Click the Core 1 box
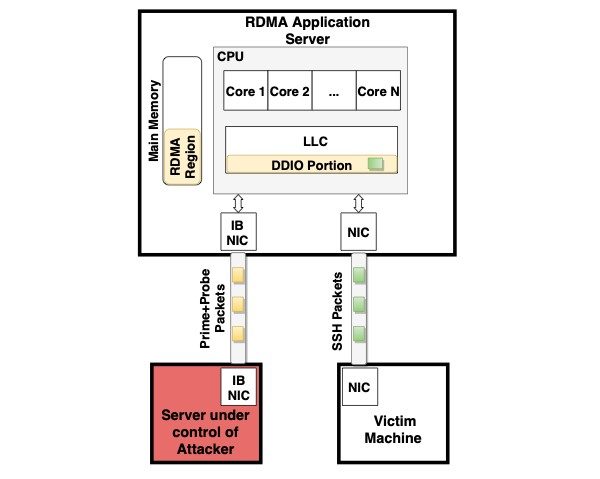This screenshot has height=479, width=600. click(x=246, y=91)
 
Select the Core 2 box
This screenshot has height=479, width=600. click(x=290, y=91)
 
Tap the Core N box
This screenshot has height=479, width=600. click(x=378, y=91)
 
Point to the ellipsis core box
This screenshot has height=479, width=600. click(x=334, y=91)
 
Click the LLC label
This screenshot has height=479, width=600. click(x=315, y=141)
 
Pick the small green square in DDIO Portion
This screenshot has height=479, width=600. click(x=375, y=164)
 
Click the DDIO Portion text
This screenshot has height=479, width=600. click(x=311, y=166)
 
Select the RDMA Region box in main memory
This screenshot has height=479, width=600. click(x=182, y=157)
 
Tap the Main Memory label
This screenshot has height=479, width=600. click(x=154, y=121)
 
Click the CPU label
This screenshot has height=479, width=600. click(x=230, y=57)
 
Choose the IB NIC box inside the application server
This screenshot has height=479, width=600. click(x=238, y=232)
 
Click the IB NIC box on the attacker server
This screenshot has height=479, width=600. click(x=238, y=387)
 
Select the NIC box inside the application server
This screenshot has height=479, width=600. click(x=359, y=232)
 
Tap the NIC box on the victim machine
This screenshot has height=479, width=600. click(x=360, y=387)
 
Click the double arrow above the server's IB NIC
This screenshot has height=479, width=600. click(x=238, y=203)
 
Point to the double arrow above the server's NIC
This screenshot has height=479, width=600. click(x=359, y=203)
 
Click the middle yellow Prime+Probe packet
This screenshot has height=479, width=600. click(x=238, y=305)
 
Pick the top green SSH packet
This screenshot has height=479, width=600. click(x=359, y=275)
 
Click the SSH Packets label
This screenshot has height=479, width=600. click(x=337, y=311)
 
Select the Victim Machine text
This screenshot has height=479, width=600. click(x=393, y=429)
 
